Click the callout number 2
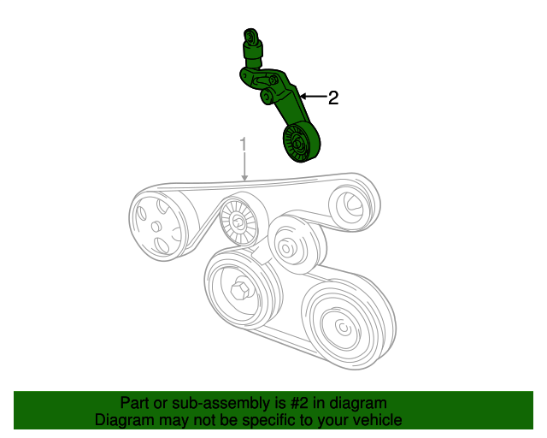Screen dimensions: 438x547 coord(333,98)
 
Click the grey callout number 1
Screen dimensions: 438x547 coord(244,144)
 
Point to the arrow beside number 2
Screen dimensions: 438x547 coord(309,98)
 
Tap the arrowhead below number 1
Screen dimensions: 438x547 coord(244,176)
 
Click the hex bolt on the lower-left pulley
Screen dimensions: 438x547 coord(241,289)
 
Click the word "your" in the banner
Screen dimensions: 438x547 coord(330,420)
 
